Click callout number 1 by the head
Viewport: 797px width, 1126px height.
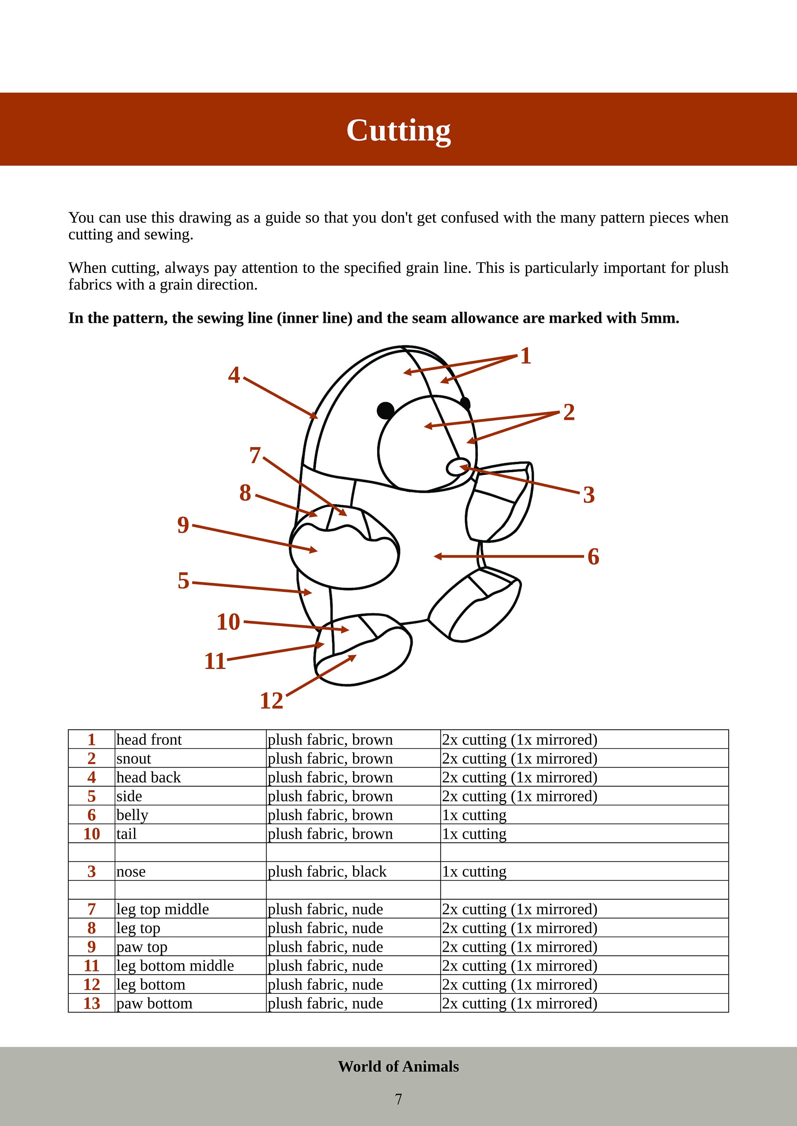tap(525, 356)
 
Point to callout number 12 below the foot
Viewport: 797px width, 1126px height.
tap(272, 701)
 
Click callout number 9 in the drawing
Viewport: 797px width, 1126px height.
tap(183, 525)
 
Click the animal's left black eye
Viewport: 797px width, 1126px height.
tap(386, 410)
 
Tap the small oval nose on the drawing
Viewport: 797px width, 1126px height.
tap(458, 467)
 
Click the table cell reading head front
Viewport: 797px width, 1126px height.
tap(149, 739)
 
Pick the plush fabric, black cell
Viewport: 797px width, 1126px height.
tap(327, 872)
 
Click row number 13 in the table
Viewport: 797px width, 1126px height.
tap(92, 1003)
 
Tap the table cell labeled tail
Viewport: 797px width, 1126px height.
tap(126, 834)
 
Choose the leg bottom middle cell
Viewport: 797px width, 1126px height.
tap(175, 966)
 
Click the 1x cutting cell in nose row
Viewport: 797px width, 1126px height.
tap(474, 872)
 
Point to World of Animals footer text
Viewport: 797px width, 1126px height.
tap(398, 1066)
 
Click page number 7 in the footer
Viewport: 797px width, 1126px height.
tap(398, 1099)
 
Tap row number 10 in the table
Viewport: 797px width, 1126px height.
tap(92, 834)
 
